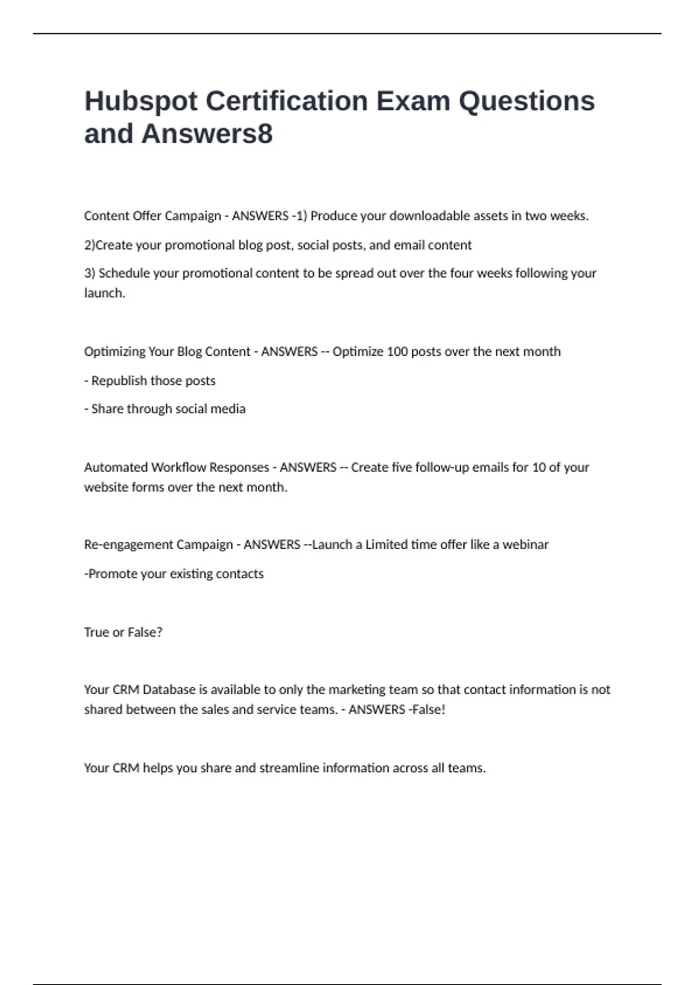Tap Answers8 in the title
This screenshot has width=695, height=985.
pos(207,134)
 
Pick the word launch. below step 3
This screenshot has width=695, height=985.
pos(104,293)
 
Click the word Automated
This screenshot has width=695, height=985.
pos(115,467)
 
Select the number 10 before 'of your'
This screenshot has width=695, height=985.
pos(539,467)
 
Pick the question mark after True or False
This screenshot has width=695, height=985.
pos(159,632)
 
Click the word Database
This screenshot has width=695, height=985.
pos(169,690)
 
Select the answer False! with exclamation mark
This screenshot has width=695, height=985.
pos(428,709)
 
